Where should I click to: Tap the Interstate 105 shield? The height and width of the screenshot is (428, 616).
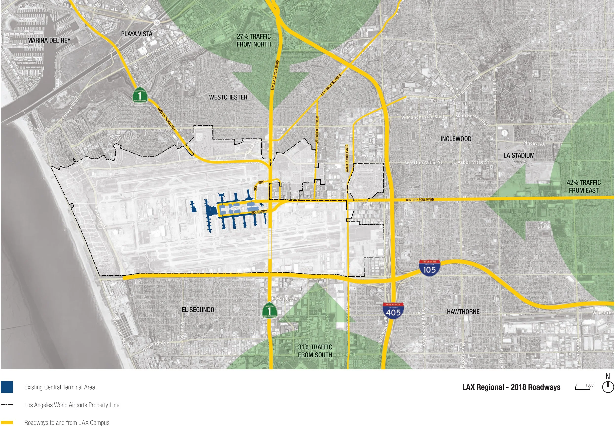click(x=429, y=268)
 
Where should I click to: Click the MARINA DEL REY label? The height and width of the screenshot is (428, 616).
click(x=49, y=40)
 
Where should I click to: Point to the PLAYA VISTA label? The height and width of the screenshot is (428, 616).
click(x=137, y=34)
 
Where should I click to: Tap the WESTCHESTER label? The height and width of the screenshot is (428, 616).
click(x=228, y=97)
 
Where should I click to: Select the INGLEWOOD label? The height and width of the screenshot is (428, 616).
click(x=456, y=139)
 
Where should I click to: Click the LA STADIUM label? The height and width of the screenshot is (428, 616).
click(x=519, y=155)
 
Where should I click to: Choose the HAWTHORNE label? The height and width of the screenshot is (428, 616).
click(x=463, y=312)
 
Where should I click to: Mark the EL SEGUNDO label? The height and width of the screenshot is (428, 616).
click(x=198, y=310)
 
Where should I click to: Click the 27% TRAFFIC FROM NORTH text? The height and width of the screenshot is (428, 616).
click(x=254, y=40)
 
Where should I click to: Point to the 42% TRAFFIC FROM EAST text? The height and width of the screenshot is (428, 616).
click(x=583, y=186)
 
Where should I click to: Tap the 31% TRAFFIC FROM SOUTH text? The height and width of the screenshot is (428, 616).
click(x=315, y=351)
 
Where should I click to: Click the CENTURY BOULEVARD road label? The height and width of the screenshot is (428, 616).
click(x=419, y=200)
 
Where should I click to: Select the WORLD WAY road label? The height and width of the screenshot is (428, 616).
click(x=259, y=212)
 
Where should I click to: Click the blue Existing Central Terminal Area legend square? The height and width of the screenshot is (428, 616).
click(x=7, y=387)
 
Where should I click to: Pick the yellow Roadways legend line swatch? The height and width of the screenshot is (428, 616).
click(x=7, y=423)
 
